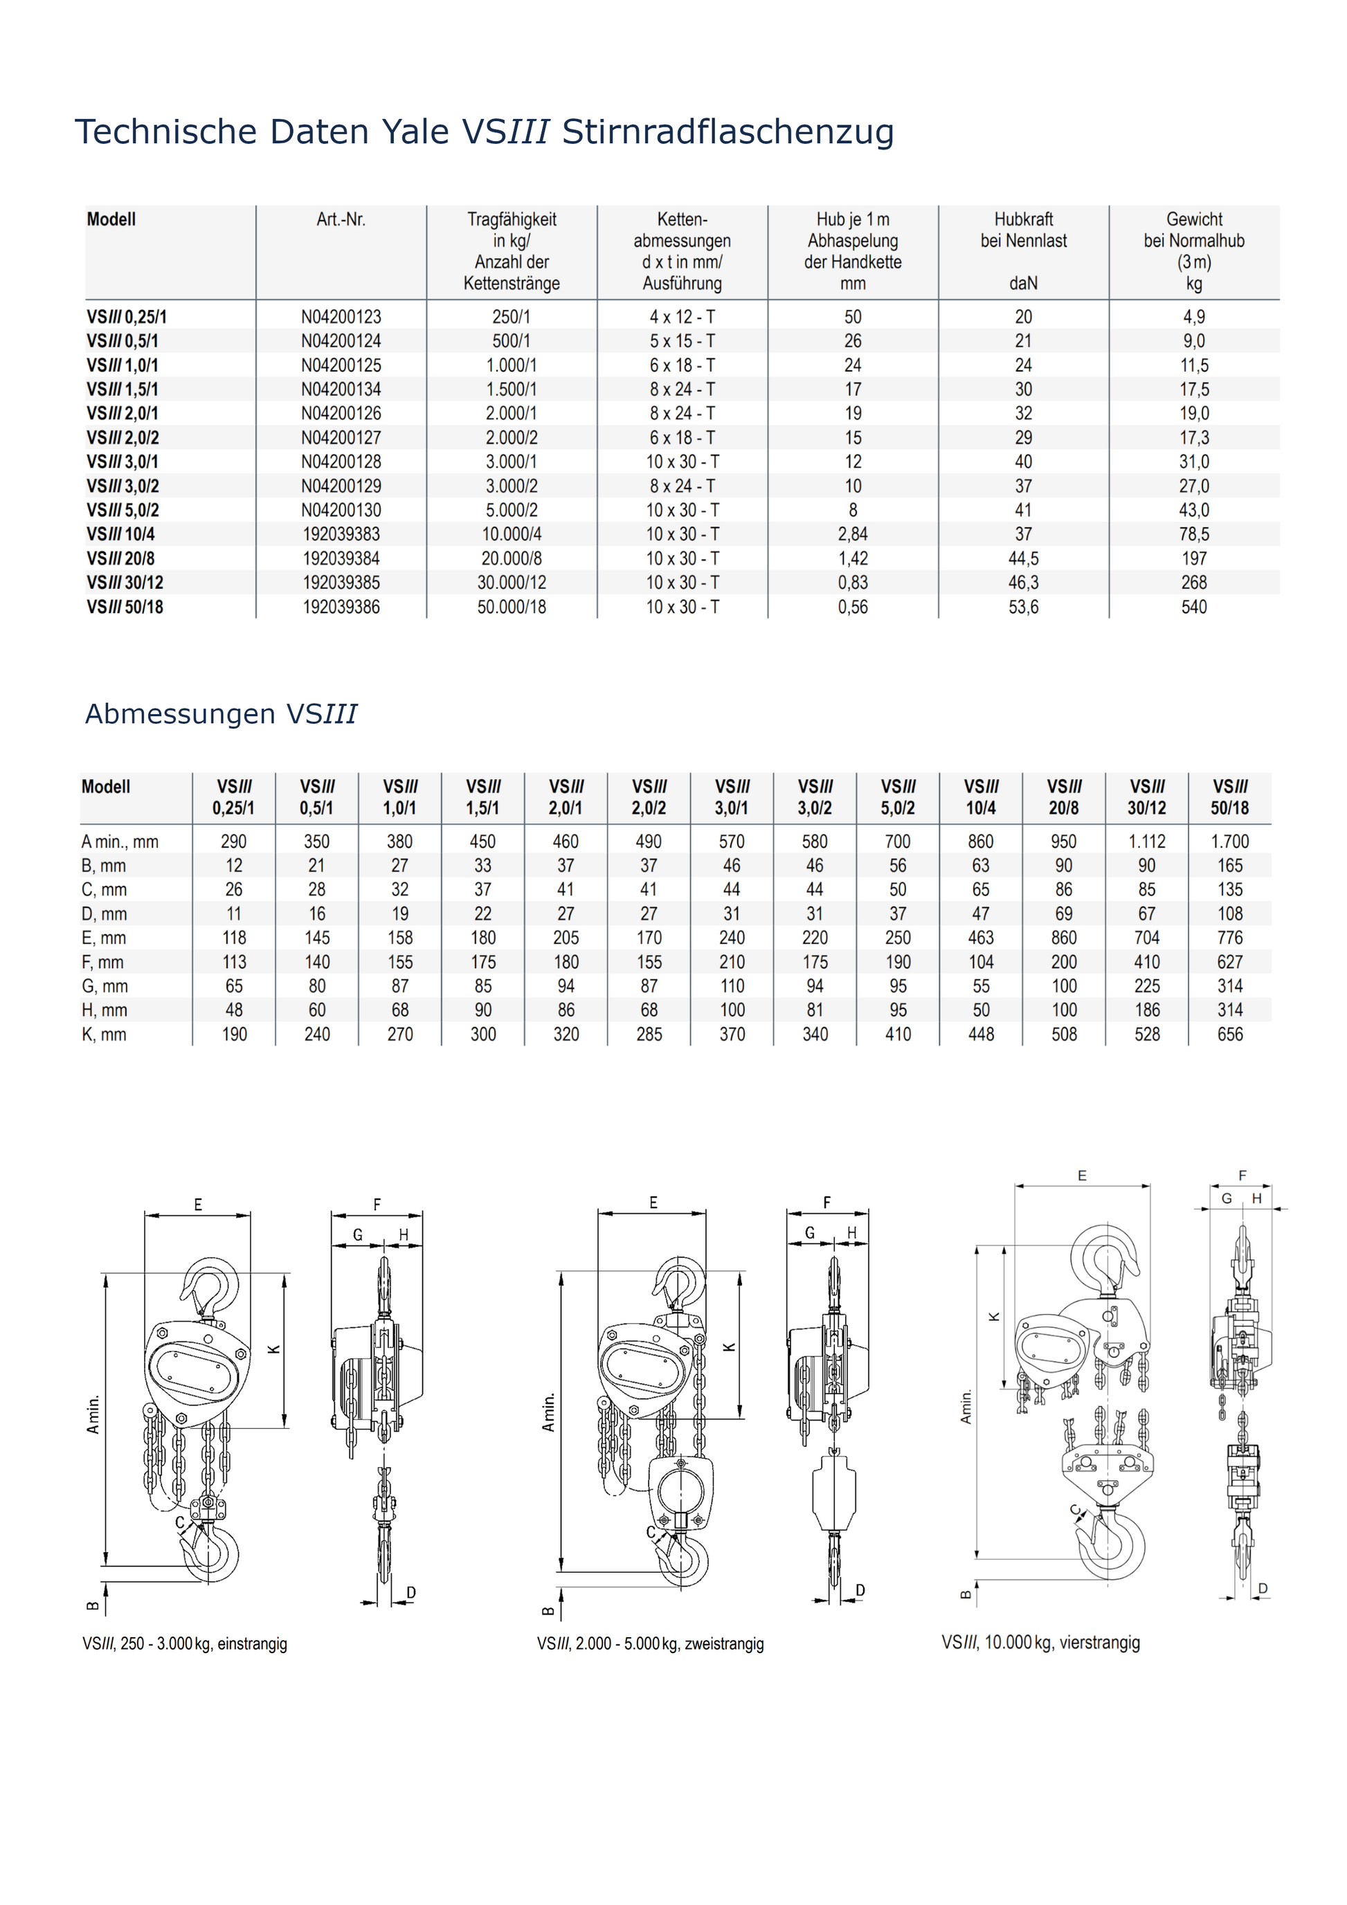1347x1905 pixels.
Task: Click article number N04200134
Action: (341, 389)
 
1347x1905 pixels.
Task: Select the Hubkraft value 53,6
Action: (1023, 608)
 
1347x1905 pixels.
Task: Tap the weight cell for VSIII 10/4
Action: (1193, 534)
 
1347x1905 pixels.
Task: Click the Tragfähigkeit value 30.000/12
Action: (512, 583)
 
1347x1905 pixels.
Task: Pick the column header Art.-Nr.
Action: (341, 220)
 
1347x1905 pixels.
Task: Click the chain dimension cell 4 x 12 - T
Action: (682, 317)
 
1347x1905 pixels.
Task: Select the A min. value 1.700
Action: (1229, 841)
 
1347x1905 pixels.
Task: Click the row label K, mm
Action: (104, 1034)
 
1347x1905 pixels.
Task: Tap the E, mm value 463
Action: (981, 938)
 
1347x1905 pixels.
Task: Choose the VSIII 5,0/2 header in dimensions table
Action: (898, 797)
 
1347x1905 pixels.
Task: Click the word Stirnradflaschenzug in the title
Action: (728, 132)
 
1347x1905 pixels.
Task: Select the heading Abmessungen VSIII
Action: (221, 713)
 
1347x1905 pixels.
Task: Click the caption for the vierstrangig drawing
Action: (1041, 1642)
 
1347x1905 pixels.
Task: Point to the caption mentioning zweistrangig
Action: (650, 1643)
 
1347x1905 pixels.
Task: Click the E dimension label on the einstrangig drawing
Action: (197, 1205)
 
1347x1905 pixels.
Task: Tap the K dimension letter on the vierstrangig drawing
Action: (994, 1317)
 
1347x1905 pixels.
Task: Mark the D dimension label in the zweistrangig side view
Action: (860, 1591)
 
